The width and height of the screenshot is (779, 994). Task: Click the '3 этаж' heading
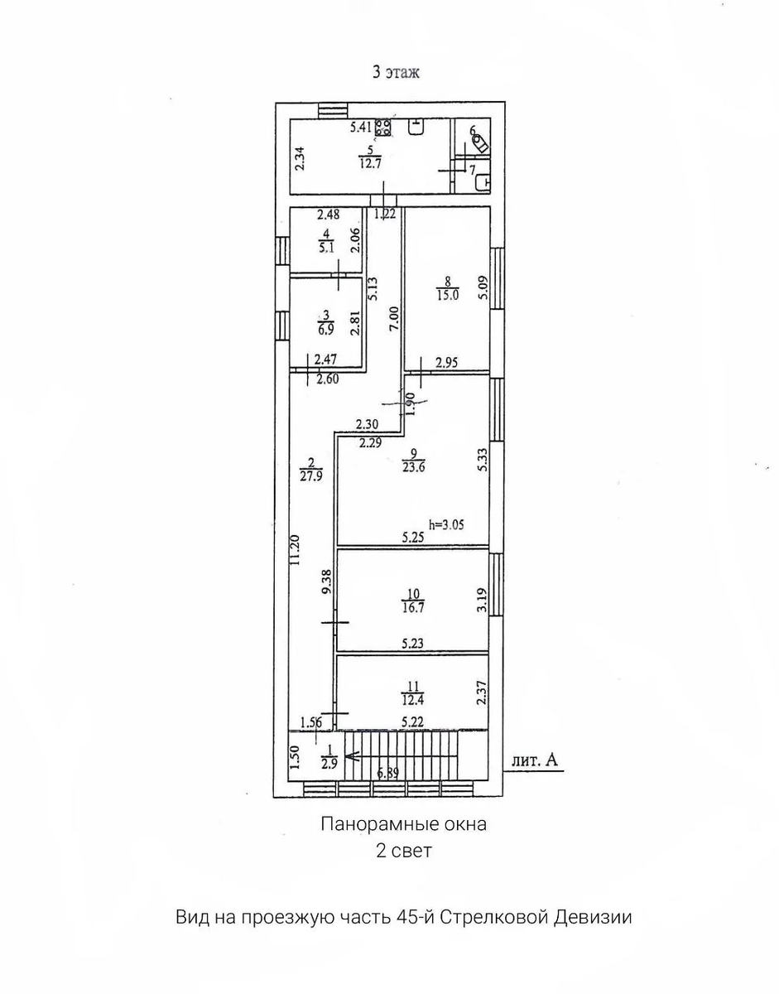[396, 72]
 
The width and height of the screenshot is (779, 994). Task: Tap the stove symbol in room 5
[382, 128]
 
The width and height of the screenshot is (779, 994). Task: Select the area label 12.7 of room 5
[370, 163]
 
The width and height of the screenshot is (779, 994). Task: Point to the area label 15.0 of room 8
[448, 295]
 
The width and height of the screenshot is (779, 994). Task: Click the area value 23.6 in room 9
[414, 467]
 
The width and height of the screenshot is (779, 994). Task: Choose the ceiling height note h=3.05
[447, 524]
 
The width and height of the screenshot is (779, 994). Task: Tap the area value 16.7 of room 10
[413, 608]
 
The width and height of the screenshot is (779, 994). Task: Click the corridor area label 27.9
[311, 475]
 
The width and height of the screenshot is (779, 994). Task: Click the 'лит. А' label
[535, 760]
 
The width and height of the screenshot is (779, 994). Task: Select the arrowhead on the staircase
[351, 757]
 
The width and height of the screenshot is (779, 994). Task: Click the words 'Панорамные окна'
[404, 824]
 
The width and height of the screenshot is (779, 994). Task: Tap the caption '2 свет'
[404, 852]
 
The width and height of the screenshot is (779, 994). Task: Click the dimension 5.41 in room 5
[360, 128]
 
